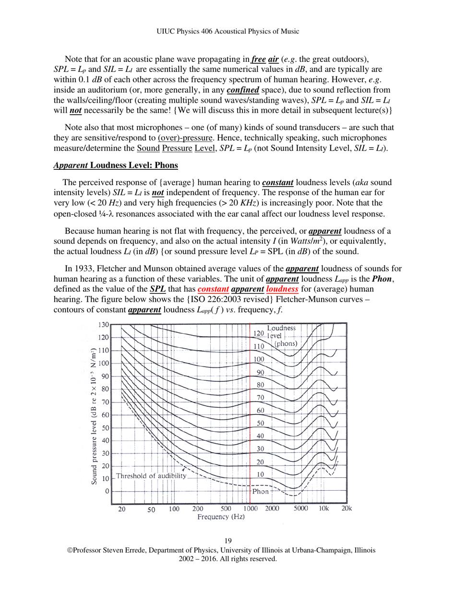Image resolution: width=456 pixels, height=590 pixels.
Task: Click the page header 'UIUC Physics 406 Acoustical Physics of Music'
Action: [228, 31]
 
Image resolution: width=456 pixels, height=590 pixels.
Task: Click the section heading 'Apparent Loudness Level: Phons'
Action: [116, 165]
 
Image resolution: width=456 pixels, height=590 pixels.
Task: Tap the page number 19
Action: [228, 542]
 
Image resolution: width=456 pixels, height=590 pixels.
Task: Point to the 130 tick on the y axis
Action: [103, 325]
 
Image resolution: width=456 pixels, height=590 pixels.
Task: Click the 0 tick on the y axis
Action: [107, 491]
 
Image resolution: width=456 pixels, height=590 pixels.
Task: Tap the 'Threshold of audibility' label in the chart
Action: [151, 476]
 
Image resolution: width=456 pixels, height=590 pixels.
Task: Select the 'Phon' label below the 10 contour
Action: [261, 491]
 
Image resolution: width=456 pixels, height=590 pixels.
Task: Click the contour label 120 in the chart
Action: [259, 333]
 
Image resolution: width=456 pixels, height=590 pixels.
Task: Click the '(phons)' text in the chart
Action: [286, 344]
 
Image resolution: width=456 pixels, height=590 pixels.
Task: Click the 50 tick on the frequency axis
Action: [151, 509]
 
